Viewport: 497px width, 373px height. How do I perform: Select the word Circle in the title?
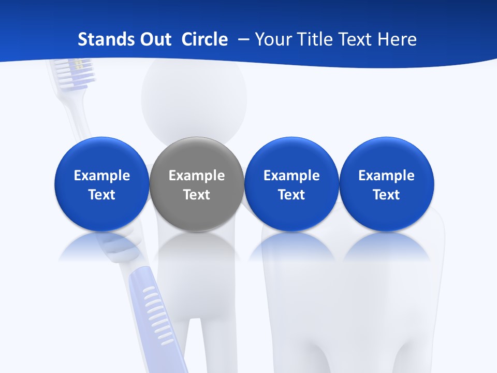pyautogui.click(x=204, y=39)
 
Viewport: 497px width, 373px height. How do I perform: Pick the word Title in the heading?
pyautogui.click(x=315, y=39)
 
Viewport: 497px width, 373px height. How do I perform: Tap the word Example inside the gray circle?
pyautogui.click(x=197, y=176)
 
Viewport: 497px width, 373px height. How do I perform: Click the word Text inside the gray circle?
pyautogui.click(x=197, y=195)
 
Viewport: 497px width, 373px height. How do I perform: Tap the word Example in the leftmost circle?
pyautogui.click(x=101, y=176)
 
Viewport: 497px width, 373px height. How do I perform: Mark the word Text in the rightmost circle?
pyautogui.click(x=386, y=195)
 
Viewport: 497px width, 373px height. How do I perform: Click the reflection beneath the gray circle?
pyautogui.click(x=197, y=249)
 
